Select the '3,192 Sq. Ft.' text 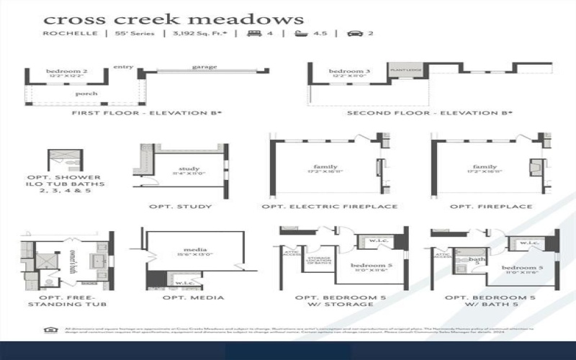click(x=195, y=33)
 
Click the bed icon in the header click(x=254, y=33)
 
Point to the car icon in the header click(x=354, y=33)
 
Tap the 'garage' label click(x=204, y=67)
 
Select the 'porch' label click(x=86, y=94)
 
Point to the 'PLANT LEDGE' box click(x=405, y=70)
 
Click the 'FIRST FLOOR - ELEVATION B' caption click(x=147, y=113)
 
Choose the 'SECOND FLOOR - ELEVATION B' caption click(x=430, y=113)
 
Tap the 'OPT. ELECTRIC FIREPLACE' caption click(x=330, y=207)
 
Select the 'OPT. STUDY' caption click(x=180, y=207)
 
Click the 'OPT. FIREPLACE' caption click(x=491, y=207)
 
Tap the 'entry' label click(x=124, y=67)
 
